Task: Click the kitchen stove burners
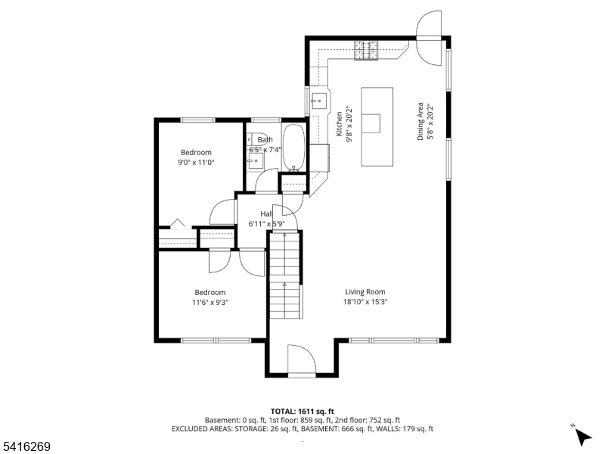point(366,50)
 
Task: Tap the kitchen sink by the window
point(318,101)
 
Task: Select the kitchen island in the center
point(377,126)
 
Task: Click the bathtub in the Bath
point(294,148)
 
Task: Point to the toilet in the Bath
point(256,138)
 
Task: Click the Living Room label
point(365,292)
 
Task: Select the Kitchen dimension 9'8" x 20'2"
point(349,124)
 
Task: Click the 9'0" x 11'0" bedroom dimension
point(196,163)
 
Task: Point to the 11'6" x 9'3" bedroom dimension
point(210,302)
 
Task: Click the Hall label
point(266,213)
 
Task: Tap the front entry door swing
point(302,359)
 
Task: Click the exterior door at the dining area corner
point(429,38)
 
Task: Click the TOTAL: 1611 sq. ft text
point(302,411)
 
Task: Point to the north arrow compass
point(582,436)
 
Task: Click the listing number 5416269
point(25,446)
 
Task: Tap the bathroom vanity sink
point(255,161)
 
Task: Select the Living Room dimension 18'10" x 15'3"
point(365,302)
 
